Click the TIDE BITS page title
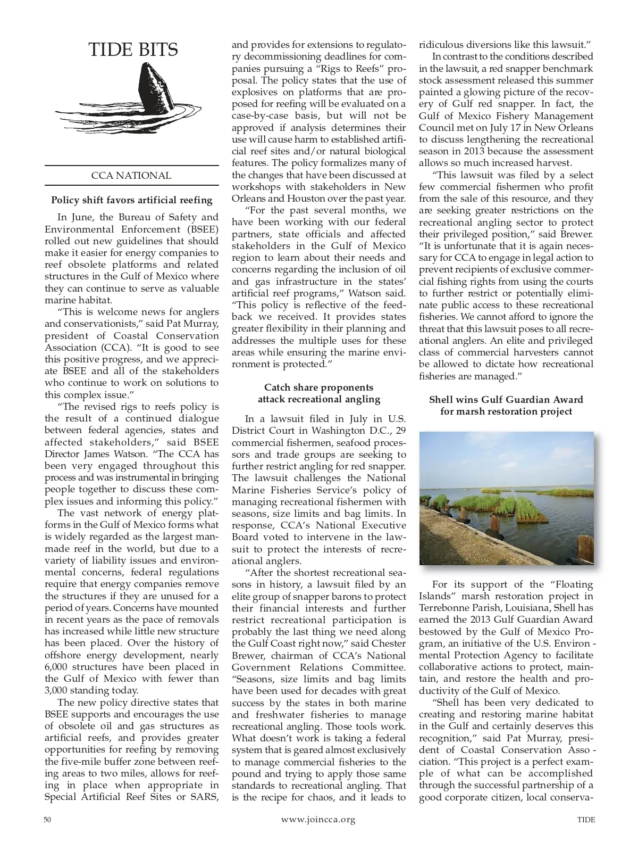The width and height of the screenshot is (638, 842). [x=133, y=49]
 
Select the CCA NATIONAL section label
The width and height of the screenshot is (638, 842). [x=131, y=176]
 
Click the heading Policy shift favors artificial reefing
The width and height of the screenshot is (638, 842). [x=131, y=200]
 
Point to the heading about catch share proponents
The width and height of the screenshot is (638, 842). [x=318, y=393]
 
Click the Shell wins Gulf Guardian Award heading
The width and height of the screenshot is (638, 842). [x=506, y=405]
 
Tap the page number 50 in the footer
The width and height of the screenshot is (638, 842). [x=47, y=820]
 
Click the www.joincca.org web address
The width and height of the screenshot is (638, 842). [x=318, y=820]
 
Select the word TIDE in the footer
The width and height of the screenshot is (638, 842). [x=586, y=820]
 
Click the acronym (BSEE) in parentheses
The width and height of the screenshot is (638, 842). [x=200, y=229]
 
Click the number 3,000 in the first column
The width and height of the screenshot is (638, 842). [x=58, y=690]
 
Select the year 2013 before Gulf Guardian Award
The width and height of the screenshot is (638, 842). [x=483, y=619]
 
